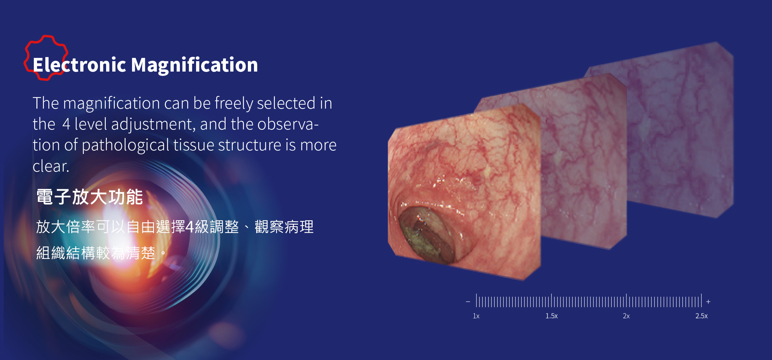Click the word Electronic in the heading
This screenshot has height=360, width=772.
(80, 65)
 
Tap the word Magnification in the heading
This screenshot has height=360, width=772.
(194, 65)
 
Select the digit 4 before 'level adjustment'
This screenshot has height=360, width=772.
(66, 124)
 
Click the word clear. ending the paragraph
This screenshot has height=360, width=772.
(51, 166)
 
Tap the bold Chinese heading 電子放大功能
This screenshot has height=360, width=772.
(90, 197)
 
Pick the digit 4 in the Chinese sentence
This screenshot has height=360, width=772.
(190, 227)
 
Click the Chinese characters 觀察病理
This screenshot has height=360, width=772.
(284, 227)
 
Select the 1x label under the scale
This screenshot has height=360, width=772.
(476, 316)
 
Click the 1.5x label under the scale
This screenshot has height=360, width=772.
(551, 316)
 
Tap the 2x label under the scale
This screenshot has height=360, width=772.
(626, 316)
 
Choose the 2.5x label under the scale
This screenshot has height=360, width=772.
(701, 316)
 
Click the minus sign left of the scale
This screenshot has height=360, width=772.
(468, 302)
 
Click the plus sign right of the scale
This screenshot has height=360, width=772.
(708, 302)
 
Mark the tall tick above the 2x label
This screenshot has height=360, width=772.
(626, 300)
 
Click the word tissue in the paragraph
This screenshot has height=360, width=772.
(194, 145)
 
